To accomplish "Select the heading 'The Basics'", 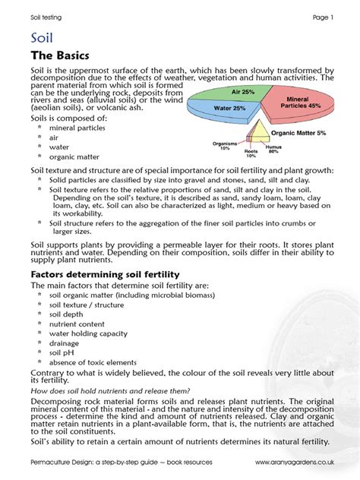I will [60, 56].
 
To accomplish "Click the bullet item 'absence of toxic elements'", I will [93, 362].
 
